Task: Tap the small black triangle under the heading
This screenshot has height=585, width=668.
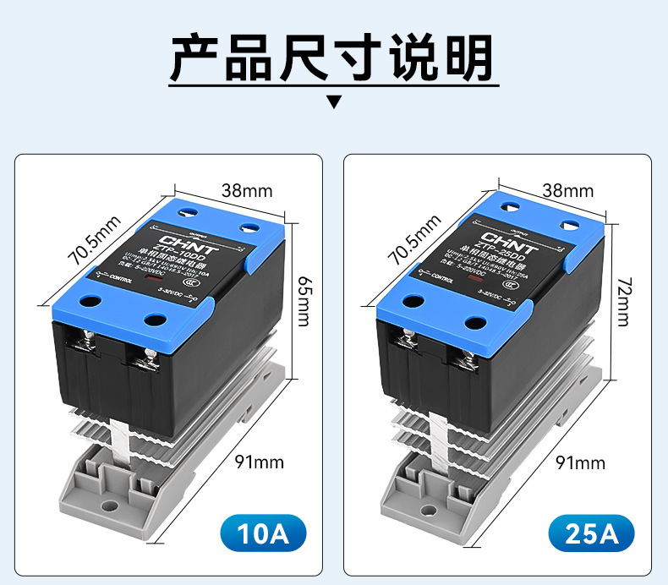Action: pos(334,103)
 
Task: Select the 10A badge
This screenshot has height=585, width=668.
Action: pos(262,533)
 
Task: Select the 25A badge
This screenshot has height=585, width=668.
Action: pos(591,533)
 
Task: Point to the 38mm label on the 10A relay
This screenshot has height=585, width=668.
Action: pos(247,190)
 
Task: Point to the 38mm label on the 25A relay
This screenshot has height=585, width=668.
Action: pos(567,190)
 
